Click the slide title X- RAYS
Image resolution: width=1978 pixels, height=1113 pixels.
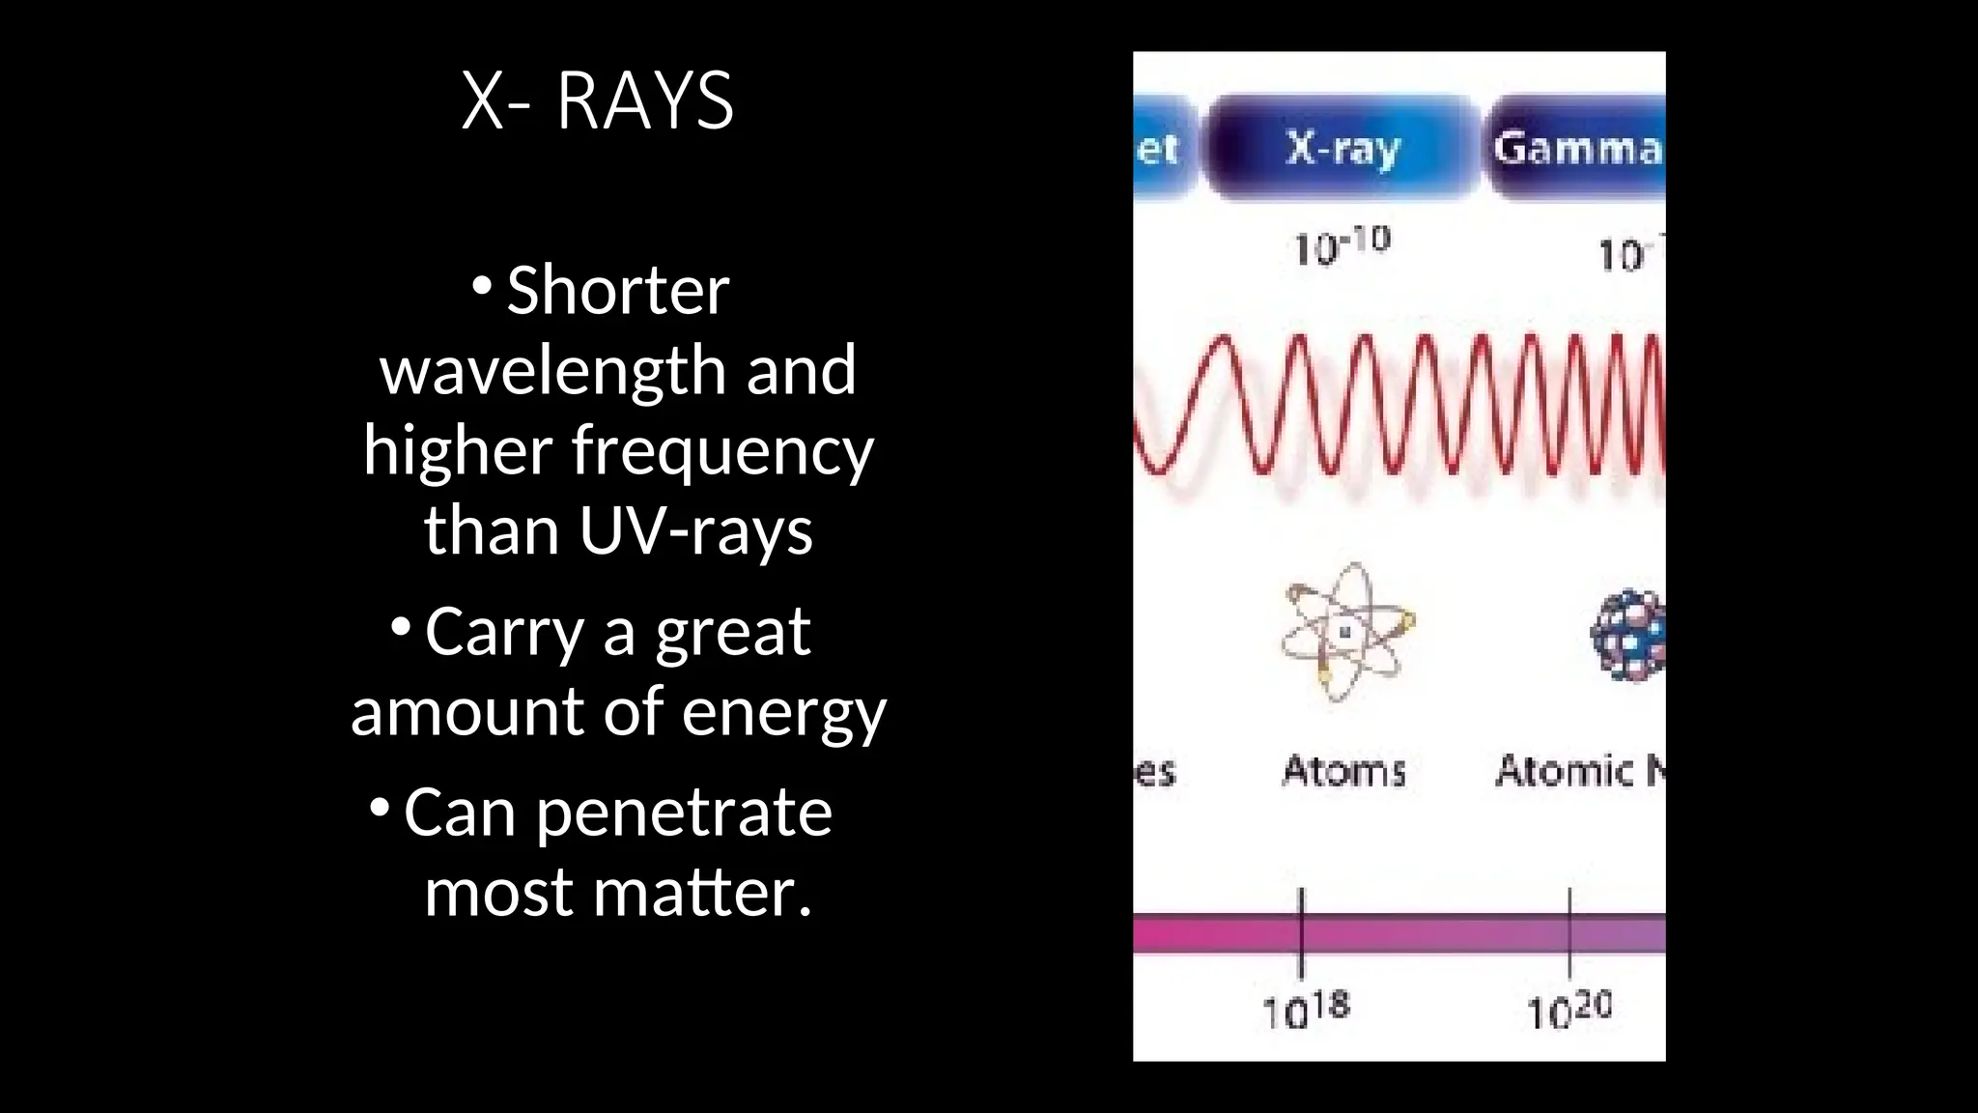pos(597,100)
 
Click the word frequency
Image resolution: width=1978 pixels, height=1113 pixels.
pos(722,451)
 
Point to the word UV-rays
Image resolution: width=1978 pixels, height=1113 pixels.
pos(695,531)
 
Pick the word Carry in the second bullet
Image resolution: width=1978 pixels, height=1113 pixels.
pos(504,633)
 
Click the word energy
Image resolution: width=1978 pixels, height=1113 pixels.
pos(783,713)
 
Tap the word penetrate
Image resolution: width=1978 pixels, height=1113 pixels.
pos(684,813)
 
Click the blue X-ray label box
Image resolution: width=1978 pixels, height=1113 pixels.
pos(1342,148)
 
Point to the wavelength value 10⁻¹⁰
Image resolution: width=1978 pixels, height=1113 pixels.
pos(1342,245)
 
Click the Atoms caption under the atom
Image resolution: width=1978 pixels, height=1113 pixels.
pos(1343,771)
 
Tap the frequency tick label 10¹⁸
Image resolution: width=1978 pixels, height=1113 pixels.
pos(1306,1010)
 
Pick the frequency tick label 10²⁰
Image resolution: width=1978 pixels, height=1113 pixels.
pos(1568,1010)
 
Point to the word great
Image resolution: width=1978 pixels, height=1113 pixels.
pos(733,633)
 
